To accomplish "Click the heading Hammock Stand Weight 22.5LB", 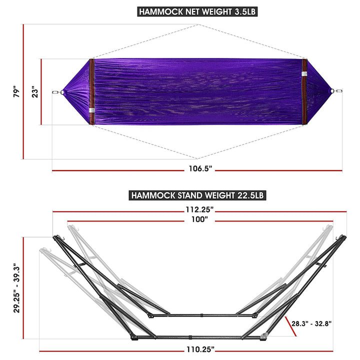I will coord(197,195).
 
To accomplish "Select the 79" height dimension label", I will coord(16,92).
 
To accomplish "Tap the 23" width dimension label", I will coord(34,92).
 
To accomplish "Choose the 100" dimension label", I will coord(200,219).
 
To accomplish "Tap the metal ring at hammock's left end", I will coord(56,92).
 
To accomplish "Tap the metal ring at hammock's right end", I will coord(338,91).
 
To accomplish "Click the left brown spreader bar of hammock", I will coord(91,92).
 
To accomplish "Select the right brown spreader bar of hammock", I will coord(304,92).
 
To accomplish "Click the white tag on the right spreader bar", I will coord(304,74).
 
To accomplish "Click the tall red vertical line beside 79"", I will coord(23,92).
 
